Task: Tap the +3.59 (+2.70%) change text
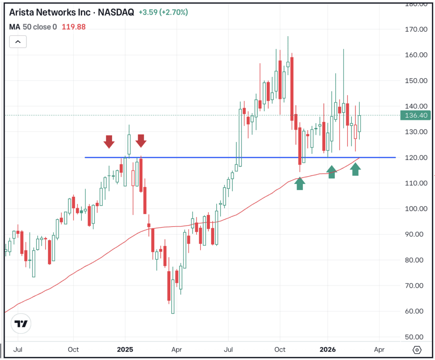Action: coord(163,12)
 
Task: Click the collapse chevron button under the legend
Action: coord(18,42)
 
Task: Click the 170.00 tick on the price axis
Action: coord(415,29)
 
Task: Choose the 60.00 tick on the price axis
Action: coord(415,311)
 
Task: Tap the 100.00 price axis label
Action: coord(415,209)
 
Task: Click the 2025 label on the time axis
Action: coord(125,350)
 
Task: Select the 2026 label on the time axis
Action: coord(328,350)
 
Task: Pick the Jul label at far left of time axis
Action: coord(18,350)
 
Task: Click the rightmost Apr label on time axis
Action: coord(379,350)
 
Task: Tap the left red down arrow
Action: coord(109,142)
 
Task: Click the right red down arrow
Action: coord(141,141)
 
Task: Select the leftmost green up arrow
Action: coord(300,184)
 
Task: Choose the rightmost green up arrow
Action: coord(356,169)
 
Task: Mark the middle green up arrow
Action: coord(332,172)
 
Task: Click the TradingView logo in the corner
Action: coord(21,324)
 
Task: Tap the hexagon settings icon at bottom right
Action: coord(417,350)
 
